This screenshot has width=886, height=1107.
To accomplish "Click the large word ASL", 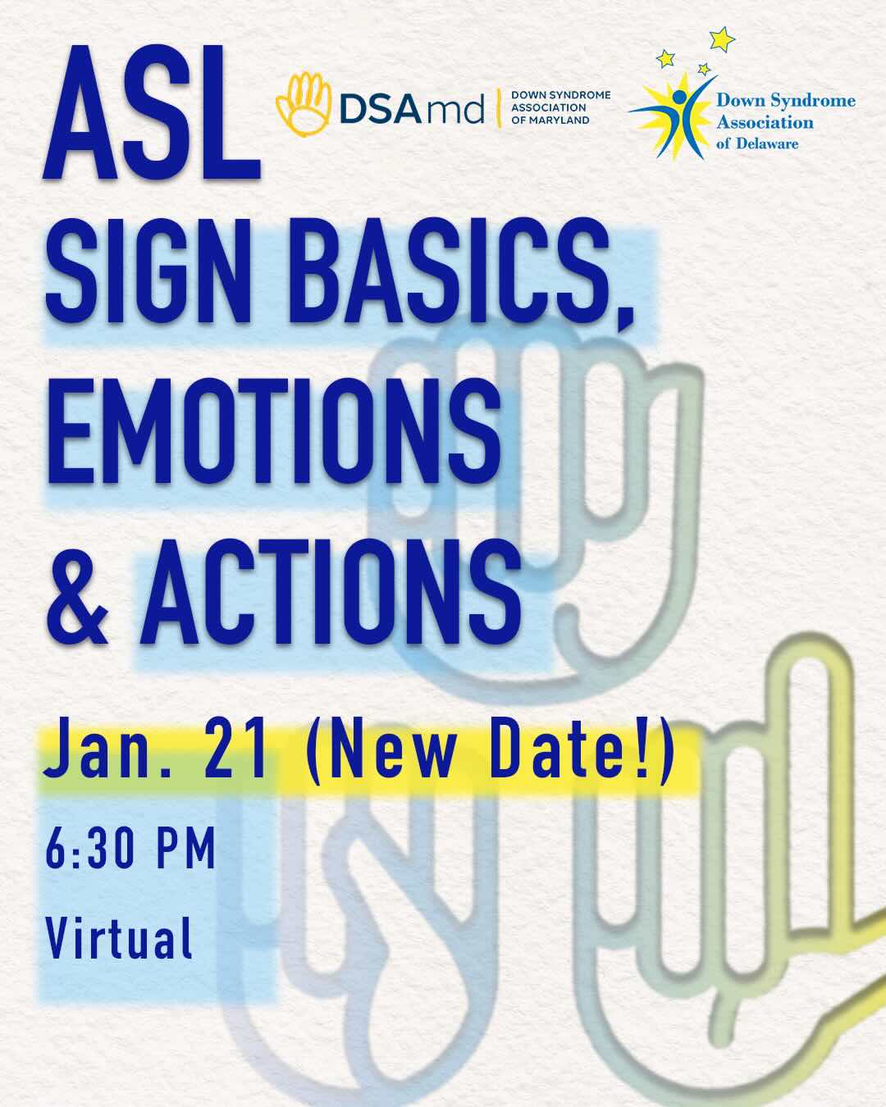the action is [152, 112].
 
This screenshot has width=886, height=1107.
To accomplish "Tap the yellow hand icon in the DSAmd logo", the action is [304, 104].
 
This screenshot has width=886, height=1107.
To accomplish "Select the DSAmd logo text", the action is [412, 110].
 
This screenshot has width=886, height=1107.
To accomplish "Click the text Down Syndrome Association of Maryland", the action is [560, 107].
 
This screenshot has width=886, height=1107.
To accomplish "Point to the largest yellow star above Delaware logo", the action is [721, 39].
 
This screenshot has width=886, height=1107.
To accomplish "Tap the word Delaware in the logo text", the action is [767, 143].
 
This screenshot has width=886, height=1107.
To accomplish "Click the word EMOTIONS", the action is [273, 431].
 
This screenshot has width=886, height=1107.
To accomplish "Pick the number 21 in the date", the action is [235, 754].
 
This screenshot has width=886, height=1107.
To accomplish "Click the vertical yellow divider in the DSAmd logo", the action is [498, 107].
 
